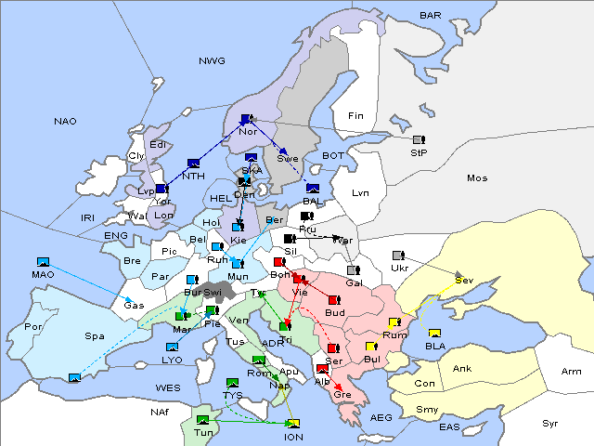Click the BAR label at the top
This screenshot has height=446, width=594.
coord(431,15)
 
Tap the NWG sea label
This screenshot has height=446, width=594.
coord(212,60)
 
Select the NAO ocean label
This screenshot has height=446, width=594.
coord(66,122)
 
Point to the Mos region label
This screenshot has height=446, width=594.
coord(477,177)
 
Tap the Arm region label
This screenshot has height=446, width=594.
coord(573,372)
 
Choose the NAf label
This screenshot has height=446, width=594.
coord(161,411)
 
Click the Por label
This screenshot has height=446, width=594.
coord(34,327)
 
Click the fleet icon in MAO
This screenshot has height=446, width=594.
coord(42,263)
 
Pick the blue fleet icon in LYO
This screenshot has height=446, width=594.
coord(172,348)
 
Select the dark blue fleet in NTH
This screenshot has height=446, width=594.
coord(193,163)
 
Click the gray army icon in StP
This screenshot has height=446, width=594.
coord(419,140)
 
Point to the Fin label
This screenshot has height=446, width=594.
coord(355,116)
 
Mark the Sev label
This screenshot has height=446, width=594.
coord(463,280)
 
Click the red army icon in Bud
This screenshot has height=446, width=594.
coord(334,301)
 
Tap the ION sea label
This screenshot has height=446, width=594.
coord(293,437)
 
